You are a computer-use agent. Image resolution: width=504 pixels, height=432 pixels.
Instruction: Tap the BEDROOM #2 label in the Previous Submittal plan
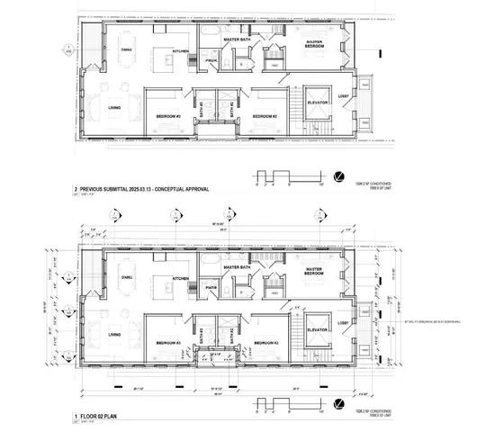point(263,116)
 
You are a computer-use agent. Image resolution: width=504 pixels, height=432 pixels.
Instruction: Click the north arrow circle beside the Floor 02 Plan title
point(337,406)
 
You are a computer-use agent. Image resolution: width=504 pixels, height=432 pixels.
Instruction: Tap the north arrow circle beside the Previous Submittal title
point(337,177)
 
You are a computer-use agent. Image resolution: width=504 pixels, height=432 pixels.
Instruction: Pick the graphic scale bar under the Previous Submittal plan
point(283,178)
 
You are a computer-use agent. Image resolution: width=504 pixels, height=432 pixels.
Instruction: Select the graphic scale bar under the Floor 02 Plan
point(283,405)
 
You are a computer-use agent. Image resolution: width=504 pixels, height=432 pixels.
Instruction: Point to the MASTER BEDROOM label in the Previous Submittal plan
point(314,44)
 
